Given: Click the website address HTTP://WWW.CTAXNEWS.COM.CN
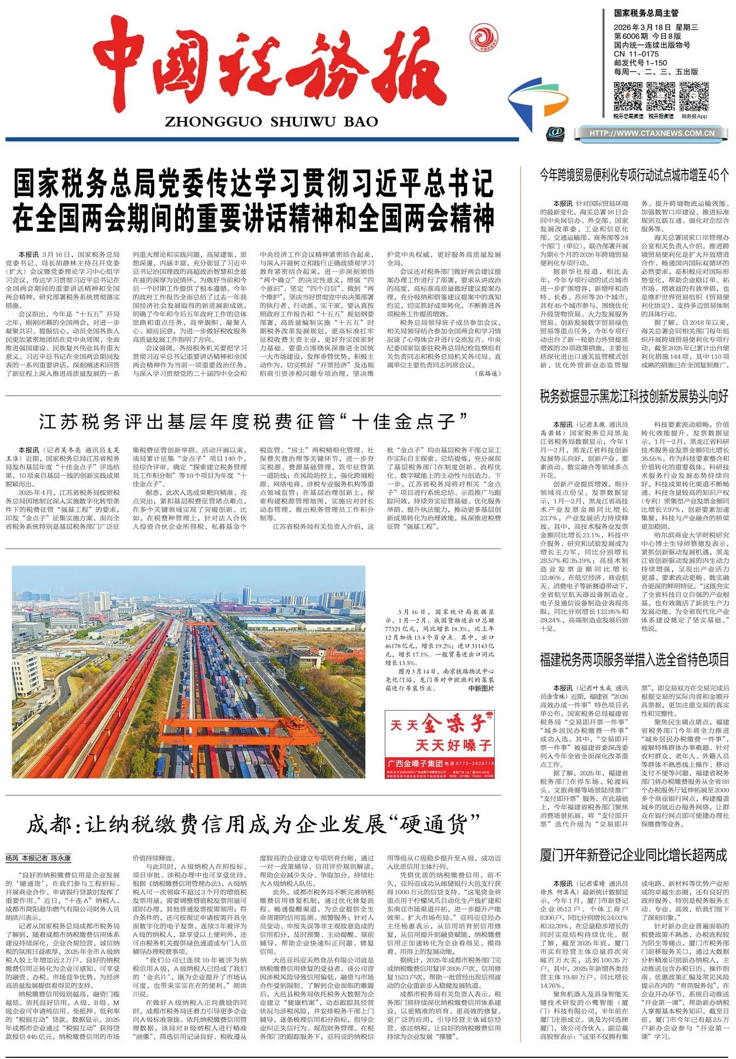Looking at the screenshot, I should pos(652,133).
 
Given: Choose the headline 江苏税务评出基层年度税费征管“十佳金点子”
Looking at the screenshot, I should pos(253,422).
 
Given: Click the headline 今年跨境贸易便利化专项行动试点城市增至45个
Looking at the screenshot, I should pos(634,175).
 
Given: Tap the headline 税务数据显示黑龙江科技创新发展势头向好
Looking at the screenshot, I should pos(634,397).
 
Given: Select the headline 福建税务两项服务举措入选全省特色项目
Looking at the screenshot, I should pos(634,660).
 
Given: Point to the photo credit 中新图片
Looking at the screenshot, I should pos(481,689).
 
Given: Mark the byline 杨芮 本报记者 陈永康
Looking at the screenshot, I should pos(38,858).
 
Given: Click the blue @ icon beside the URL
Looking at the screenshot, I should pos(555,132).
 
